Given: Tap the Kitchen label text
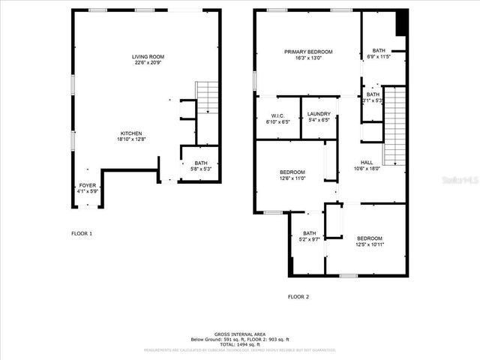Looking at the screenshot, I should coord(132,136).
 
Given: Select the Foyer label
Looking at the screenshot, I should coord(87,188).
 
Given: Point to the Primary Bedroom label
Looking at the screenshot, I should coord(307,55).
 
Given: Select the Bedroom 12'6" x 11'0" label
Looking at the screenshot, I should coord(292,175).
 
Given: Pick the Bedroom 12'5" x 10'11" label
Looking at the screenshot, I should coord(369,241).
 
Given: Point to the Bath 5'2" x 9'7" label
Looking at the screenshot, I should coord(310,236).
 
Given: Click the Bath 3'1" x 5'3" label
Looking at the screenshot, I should coord(373,97).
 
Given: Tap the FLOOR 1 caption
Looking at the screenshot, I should coord(82,234).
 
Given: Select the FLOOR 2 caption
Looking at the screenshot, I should coord(298,296).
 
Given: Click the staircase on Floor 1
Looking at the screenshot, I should coord(207,97).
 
